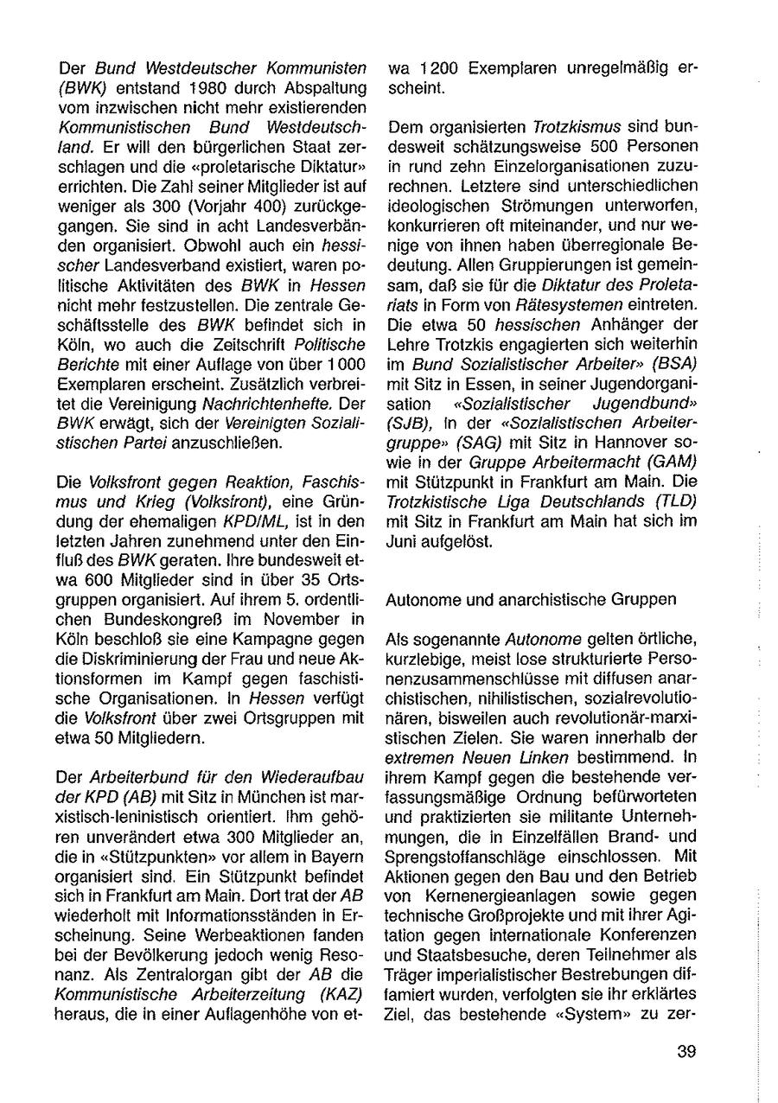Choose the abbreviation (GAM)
[x=670, y=462]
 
